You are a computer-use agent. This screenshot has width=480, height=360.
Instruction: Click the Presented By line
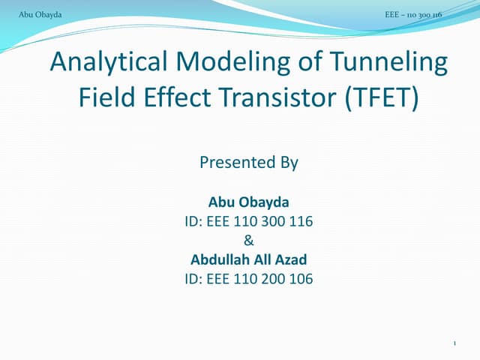tap(249, 163)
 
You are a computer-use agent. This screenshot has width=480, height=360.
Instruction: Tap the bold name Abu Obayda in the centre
tap(249, 202)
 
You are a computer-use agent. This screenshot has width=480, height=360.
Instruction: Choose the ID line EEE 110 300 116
tap(249, 222)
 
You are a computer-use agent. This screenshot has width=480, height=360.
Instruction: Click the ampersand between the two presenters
tap(249, 241)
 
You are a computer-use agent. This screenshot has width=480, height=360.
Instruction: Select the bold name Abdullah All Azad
tap(249, 260)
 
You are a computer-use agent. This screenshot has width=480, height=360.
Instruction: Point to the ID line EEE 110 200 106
tap(249, 280)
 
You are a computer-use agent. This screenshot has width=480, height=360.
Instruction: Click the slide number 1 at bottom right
tap(455, 343)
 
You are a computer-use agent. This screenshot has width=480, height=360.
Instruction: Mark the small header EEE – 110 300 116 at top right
tap(412, 14)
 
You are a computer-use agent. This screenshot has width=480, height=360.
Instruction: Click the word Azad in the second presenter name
tap(292, 260)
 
